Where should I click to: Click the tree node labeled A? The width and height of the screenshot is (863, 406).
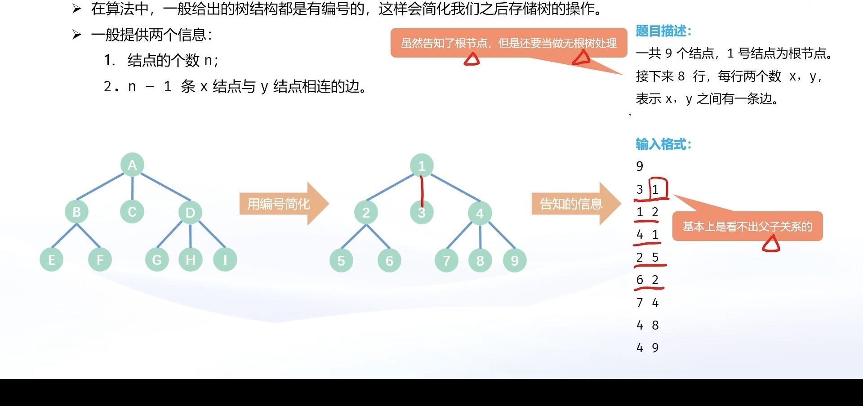132,165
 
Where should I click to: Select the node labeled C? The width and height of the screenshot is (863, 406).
132,211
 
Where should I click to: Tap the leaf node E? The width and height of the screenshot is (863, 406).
52,259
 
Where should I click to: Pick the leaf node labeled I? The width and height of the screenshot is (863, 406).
225,259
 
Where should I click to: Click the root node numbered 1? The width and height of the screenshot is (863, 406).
422,166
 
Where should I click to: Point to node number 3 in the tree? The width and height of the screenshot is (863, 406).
422,213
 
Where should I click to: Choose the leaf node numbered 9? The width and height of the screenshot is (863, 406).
515,260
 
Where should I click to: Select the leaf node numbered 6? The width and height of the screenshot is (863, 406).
389,260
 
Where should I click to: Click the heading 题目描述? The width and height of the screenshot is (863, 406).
663,31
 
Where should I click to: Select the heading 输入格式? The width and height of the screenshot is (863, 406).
663,144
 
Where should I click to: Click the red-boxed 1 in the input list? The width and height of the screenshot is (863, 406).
656,189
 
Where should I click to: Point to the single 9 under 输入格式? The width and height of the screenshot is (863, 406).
640,166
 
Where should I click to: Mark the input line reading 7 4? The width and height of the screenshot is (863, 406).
648,303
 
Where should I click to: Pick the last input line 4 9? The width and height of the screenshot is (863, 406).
648,348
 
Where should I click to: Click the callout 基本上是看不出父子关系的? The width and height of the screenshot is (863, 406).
747,226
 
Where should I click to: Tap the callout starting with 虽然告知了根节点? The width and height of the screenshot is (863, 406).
508,43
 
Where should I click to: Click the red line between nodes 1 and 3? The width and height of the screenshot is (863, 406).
422,191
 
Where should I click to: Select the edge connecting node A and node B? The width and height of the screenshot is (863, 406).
100,187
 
